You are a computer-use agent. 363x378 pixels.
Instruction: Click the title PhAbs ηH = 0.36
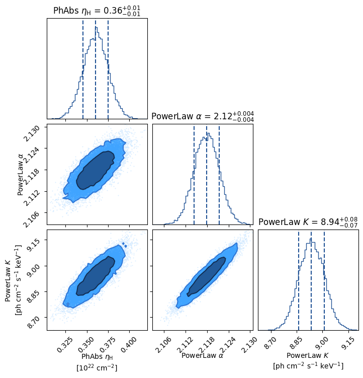click(97, 11)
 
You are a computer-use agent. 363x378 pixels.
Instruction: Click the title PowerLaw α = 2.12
click(203, 116)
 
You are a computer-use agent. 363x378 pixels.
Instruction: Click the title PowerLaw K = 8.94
click(308, 222)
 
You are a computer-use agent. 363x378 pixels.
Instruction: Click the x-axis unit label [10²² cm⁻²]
click(97, 368)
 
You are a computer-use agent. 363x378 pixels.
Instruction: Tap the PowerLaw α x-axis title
click(202, 355)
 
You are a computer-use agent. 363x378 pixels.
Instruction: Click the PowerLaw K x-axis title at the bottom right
click(308, 355)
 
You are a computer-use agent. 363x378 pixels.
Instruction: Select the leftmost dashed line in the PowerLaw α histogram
click(194, 175)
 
